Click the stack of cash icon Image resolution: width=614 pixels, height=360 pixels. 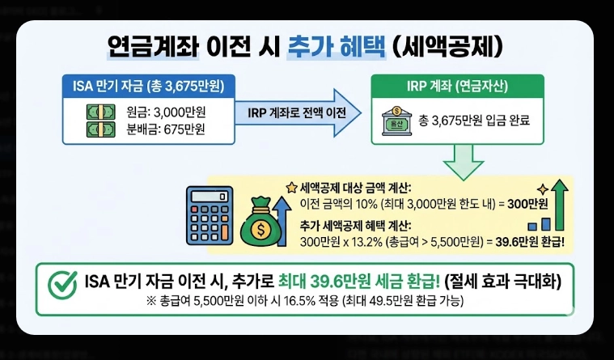(97, 121)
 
